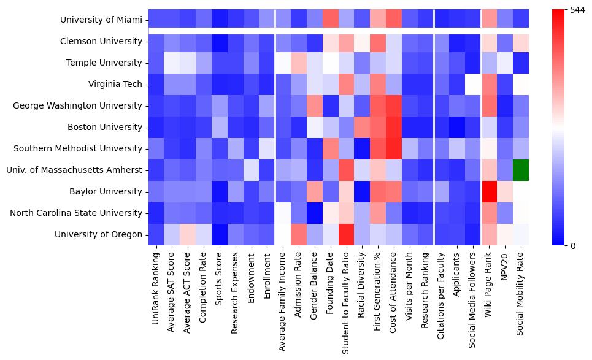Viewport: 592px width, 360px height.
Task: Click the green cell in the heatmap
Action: coord(520,170)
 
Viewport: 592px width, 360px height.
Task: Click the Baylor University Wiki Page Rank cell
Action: coord(488,191)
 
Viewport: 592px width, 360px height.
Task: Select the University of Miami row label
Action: coord(101,20)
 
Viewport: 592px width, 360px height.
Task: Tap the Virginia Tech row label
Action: coord(117,85)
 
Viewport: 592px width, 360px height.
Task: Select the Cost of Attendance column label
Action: coord(394,291)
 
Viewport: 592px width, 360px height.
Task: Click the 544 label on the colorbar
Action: coord(578,10)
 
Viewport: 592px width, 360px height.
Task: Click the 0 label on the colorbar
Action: coord(573,246)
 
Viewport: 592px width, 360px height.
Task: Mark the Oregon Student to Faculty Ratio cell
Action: coord(346,234)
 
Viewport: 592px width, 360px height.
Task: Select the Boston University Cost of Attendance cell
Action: coord(393,128)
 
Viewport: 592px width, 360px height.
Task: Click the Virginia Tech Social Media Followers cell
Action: coord(472,85)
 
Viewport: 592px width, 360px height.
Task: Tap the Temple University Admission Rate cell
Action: coord(298,63)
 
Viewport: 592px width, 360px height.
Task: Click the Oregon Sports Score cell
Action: coord(219,234)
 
